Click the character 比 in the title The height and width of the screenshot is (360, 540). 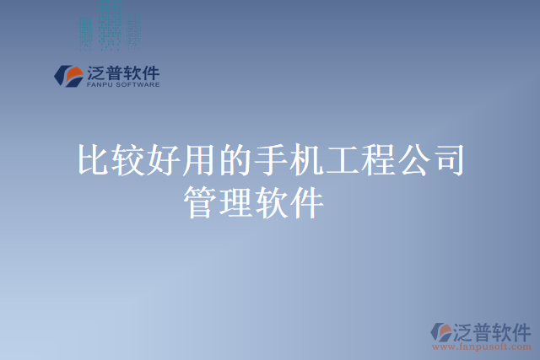coord(92,160)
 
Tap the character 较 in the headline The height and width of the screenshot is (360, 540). coord(127,160)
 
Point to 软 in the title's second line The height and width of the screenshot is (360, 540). coord(271,203)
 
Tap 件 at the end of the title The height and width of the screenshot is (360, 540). coord(306,203)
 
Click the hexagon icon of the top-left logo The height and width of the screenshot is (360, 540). coord(67,75)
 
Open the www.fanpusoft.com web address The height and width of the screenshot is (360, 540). coord(482,347)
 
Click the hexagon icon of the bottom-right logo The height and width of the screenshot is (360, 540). coord(442,331)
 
